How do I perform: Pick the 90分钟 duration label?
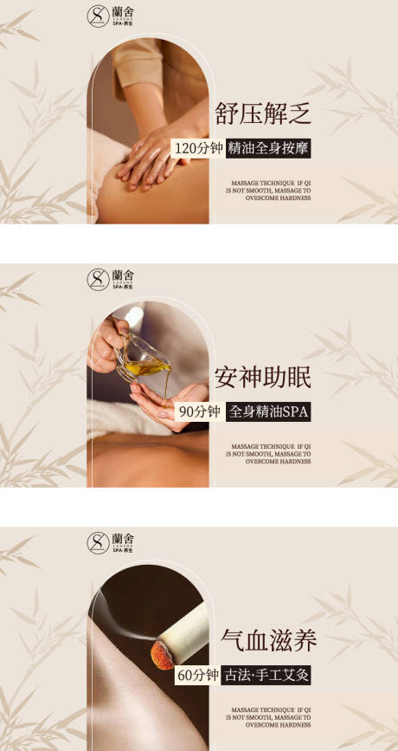point(199,411)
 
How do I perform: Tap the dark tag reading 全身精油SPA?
point(267,411)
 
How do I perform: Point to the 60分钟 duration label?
point(197,675)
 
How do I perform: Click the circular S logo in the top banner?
point(98,16)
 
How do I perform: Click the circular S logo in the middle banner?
point(98,279)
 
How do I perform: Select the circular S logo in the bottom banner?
point(98,543)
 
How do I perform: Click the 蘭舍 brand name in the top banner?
point(123,11)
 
